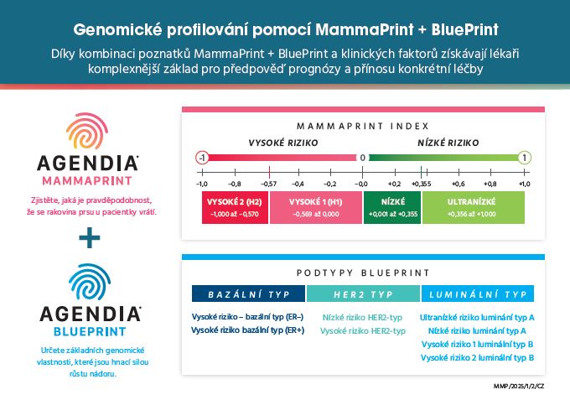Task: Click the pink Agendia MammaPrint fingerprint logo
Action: pos(87,131)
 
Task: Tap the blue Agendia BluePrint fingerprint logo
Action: pos(90,283)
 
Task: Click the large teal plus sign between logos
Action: pos(90,238)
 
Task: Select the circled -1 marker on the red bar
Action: pos(202,158)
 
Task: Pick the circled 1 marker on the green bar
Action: pos(525,158)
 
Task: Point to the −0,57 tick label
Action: pos(268,184)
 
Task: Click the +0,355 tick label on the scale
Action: pos(422,184)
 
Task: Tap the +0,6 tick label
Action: pos(459,184)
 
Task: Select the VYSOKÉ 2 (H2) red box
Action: pos(235,208)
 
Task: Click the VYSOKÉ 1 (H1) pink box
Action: pos(316,208)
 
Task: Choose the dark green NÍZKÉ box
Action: pos(392,208)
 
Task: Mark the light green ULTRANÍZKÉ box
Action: pos(474,208)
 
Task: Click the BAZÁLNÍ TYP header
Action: pos(248,294)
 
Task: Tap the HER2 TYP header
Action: pos(363,294)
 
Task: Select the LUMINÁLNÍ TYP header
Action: pos(478,294)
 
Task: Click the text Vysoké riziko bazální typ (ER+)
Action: pos(247,330)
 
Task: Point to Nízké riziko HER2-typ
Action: pos(362,318)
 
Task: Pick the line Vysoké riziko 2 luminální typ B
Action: pos(477,358)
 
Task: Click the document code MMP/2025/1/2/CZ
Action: pos(519,387)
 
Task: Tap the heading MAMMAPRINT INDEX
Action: pos(363,126)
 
